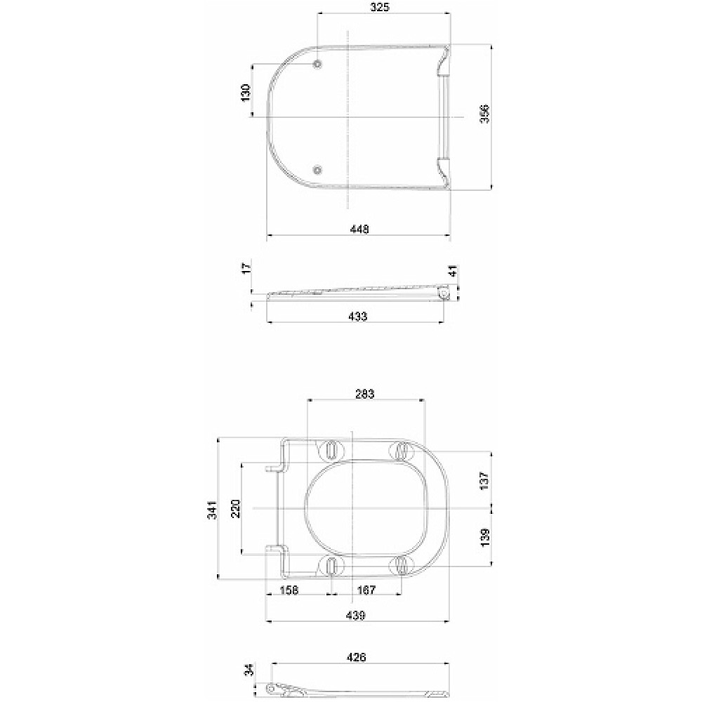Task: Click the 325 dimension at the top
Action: point(380,7)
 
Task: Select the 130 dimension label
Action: point(246,93)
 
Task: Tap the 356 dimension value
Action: point(485,114)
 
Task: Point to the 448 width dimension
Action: point(359,229)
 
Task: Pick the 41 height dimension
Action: point(453,271)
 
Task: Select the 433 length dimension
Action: point(357,316)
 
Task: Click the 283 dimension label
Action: point(365,394)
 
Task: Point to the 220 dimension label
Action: point(235,508)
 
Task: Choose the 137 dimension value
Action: point(485,480)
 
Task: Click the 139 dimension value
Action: point(485,538)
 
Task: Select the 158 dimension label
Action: point(289,590)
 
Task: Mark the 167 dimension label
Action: point(366,590)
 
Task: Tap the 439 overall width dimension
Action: point(356,615)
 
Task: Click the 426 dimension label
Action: point(357,657)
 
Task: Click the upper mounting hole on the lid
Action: point(317,65)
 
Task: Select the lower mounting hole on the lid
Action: point(317,170)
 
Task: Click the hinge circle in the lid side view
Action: point(444,293)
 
